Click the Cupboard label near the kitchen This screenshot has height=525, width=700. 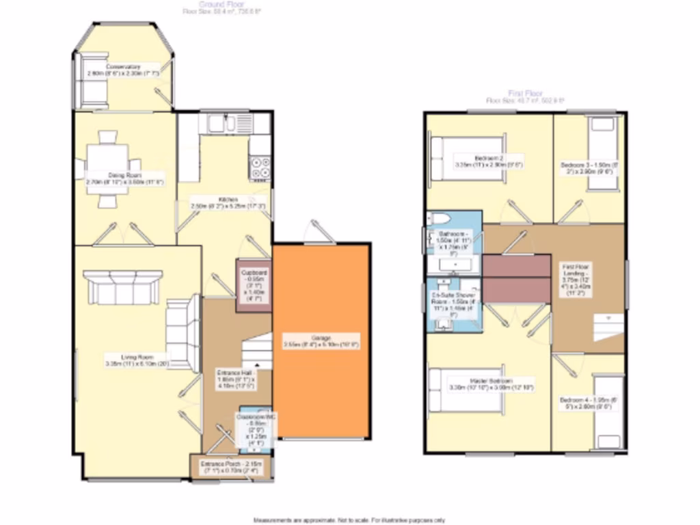252,285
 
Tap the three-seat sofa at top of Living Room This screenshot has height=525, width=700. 122,287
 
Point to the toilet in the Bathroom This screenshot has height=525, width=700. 439,219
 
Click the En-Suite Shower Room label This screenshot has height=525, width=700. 452,303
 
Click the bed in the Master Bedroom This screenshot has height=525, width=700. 465,390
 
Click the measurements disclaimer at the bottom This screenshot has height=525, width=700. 349,520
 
